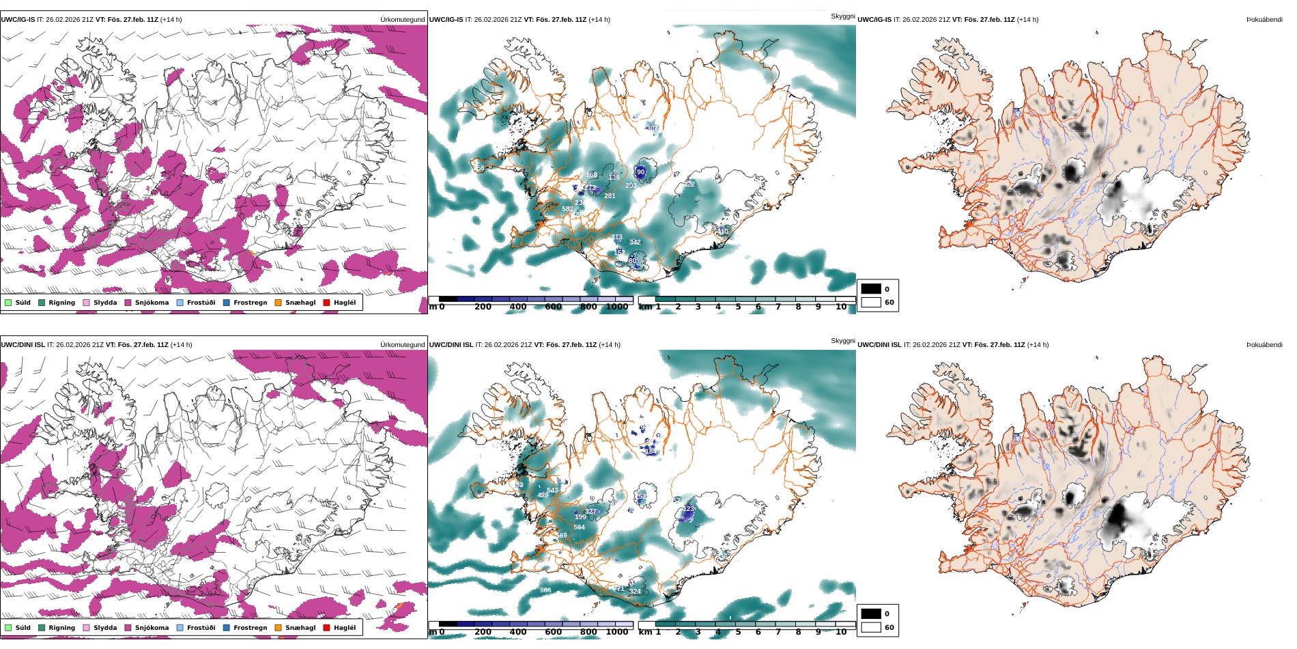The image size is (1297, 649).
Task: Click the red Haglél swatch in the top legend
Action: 326,303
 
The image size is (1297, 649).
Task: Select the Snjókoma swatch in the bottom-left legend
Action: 128,628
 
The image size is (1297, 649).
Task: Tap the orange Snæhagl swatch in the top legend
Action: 278,303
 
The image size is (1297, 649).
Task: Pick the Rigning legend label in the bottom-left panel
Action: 61,628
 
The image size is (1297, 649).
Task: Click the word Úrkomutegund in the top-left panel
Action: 402,20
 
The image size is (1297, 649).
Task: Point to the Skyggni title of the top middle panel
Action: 842,16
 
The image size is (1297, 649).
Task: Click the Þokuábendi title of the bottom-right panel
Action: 1264,345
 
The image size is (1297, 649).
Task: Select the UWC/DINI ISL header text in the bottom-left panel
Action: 23,345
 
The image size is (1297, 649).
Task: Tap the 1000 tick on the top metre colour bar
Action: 616,307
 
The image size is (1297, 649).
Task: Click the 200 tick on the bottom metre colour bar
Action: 483,632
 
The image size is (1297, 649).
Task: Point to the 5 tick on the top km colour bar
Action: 738,307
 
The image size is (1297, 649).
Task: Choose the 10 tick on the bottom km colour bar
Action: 841,632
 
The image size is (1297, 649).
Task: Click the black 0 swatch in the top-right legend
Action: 871,289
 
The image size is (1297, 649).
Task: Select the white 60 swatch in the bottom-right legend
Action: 871,627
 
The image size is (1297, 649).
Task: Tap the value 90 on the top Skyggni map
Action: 640,172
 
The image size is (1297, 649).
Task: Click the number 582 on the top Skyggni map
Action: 567,209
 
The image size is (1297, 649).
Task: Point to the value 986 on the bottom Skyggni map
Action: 545,590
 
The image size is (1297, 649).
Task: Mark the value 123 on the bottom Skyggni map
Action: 689,509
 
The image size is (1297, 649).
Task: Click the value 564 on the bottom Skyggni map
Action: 579,527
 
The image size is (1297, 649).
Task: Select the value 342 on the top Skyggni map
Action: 635,243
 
